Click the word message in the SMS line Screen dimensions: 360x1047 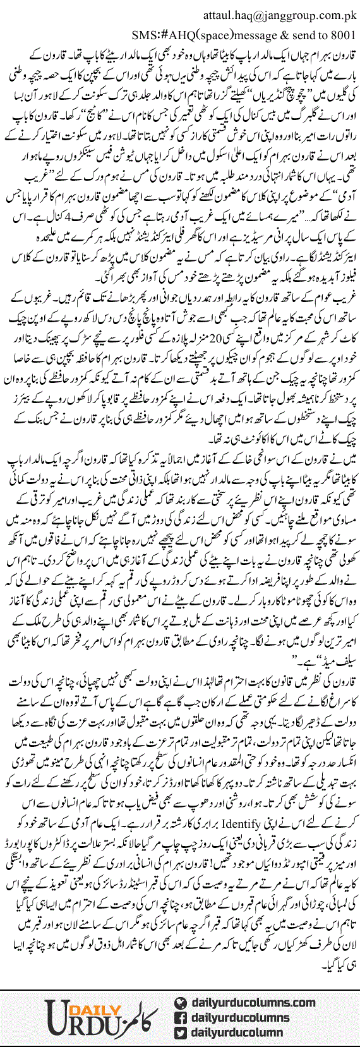tap(252, 33)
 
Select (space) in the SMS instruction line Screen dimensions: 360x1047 tap(213, 33)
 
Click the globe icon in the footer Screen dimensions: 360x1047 tap(181, 1002)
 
